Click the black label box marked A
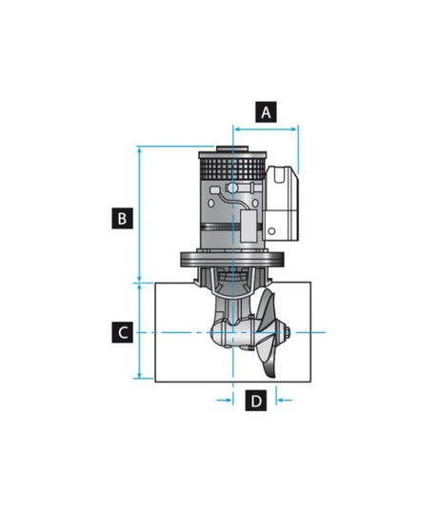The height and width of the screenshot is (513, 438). pyautogui.click(x=267, y=112)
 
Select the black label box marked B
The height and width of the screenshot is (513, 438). pyautogui.click(x=120, y=218)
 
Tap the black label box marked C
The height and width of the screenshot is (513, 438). pyautogui.click(x=120, y=332)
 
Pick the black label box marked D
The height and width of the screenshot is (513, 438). pyautogui.click(x=255, y=401)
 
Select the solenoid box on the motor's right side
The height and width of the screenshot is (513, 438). pyautogui.click(x=283, y=202)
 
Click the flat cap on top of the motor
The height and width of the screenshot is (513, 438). pyautogui.click(x=233, y=152)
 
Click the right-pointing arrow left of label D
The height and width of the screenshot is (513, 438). pyautogui.click(x=226, y=401)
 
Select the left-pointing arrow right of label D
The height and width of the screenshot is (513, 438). pyautogui.click(x=283, y=401)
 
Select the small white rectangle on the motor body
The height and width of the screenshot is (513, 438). pyautogui.click(x=249, y=228)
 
